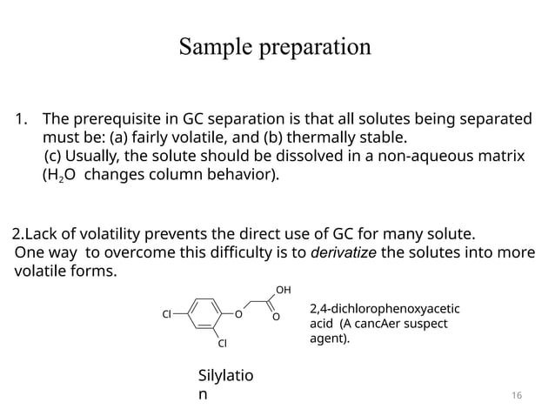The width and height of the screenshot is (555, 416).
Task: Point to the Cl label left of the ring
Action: pyautogui.click(x=165, y=314)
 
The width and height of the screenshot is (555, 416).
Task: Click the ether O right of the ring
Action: pyautogui.click(x=237, y=314)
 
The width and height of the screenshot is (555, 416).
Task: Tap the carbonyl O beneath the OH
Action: pyautogui.click(x=276, y=318)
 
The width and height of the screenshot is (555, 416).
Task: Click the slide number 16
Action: pyautogui.click(x=517, y=396)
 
